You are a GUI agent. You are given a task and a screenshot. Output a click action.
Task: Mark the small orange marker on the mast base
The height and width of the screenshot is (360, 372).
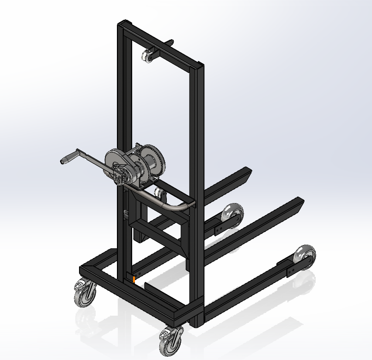click(x=134, y=279)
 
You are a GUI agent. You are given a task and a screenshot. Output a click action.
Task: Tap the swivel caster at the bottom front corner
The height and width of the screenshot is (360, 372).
click(x=170, y=341)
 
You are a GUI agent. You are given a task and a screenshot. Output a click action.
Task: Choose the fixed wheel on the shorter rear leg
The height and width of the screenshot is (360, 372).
click(x=232, y=216)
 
